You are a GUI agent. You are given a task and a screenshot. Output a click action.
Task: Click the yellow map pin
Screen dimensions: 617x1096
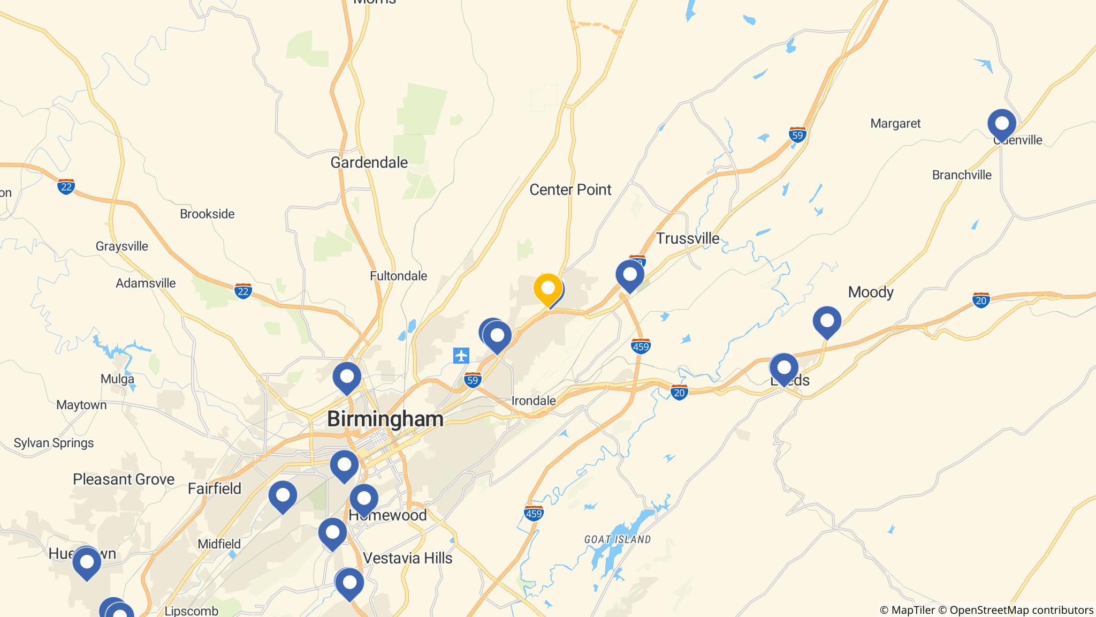547,289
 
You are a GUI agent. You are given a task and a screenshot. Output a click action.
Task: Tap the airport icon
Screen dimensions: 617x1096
461,355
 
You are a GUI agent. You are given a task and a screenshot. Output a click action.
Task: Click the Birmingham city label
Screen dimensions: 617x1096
385,419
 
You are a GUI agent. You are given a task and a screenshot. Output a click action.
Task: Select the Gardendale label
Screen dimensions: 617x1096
369,162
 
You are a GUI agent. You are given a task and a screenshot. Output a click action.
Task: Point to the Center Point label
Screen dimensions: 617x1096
570,190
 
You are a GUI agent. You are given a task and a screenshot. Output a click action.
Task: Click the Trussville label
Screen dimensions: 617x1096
687,238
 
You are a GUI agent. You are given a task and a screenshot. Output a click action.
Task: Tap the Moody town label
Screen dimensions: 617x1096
870,292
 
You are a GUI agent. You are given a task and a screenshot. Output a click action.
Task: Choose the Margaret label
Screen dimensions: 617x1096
895,124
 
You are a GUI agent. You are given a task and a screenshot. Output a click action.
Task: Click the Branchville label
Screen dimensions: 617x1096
961,175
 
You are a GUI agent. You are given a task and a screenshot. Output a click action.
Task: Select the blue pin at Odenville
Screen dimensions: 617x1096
1001,124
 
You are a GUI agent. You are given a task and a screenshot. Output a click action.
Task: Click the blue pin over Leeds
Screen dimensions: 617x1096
783,368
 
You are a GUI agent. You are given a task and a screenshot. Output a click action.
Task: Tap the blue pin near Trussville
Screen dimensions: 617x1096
629,275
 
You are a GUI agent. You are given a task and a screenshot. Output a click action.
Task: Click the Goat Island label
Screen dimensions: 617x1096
617,539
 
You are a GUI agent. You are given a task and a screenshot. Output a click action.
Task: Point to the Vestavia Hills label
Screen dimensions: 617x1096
407,558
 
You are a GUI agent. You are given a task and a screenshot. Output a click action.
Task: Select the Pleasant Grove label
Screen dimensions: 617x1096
124,479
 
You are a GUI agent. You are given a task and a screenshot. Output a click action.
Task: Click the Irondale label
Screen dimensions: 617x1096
533,401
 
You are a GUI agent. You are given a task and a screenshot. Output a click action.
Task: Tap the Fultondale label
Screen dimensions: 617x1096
398,276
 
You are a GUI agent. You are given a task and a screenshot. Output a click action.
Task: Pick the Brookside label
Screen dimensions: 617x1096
207,214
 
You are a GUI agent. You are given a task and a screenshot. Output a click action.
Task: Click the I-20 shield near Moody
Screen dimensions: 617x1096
980,300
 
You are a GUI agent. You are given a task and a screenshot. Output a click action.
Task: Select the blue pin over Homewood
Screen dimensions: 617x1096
363,499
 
